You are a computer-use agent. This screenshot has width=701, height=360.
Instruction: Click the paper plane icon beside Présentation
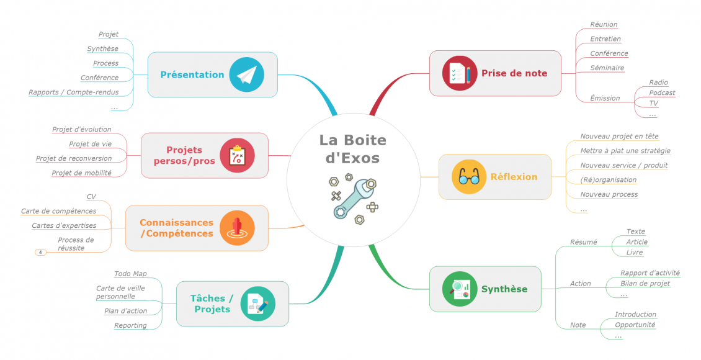click(x=247, y=74)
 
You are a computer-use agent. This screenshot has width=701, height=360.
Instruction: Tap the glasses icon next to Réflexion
click(x=469, y=177)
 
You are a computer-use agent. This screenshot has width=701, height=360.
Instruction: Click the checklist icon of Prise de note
click(x=460, y=73)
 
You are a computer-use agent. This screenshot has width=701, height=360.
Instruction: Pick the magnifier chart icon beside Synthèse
click(x=460, y=289)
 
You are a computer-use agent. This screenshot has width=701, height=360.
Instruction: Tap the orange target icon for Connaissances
click(x=237, y=228)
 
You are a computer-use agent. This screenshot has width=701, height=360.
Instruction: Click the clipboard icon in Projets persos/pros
click(x=238, y=156)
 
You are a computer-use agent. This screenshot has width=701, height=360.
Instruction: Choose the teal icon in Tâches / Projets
click(x=258, y=304)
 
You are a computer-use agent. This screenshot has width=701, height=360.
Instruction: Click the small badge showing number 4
click(x=40, y=252)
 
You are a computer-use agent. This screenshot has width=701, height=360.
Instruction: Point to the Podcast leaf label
click(x=662, y=92)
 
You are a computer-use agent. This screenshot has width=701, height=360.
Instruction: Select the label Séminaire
click(x=607, y=68)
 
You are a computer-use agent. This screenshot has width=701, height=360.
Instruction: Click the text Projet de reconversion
click(x=74, y=158)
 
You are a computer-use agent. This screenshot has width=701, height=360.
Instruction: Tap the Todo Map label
click(x=130, y=274)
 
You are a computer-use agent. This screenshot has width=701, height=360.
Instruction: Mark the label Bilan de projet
click(x=645, y=284)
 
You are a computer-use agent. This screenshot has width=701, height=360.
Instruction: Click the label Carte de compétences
click(x=58, y=211)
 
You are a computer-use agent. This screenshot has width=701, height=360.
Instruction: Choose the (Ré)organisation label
click(x=609, y=180)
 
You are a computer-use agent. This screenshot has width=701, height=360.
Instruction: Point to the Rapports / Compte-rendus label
click(x=74, y=92)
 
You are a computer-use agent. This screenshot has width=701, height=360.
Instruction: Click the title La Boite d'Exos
click(x=353, y=149)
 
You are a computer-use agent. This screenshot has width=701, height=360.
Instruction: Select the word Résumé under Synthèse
click(x=583, y=242)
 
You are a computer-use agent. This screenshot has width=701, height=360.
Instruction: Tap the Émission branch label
click(x=605, y=99)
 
